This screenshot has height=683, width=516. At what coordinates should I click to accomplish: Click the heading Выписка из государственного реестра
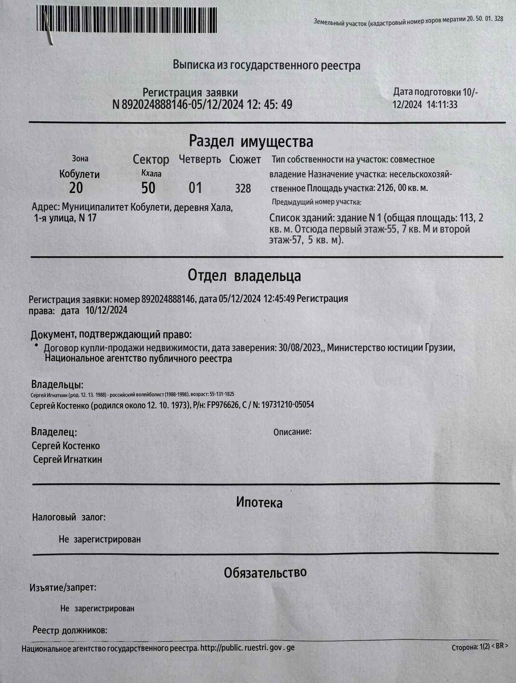(x=266, y=65)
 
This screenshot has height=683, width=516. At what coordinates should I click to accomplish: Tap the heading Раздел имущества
(x=251, y=141)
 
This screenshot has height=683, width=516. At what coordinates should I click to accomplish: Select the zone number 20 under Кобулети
(x=76, y=188)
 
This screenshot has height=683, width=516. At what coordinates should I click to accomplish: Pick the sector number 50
(x=148, y=188)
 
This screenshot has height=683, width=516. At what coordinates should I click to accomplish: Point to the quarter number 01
(x=195, y=188)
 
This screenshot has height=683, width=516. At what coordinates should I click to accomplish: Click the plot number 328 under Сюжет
(x=243, y=188)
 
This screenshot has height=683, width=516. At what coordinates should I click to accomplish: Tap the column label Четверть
(x=200, y=160)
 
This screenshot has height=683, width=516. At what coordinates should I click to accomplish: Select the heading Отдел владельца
(x=244, y=276)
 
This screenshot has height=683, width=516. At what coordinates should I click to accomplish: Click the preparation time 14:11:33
(x=441, y=105)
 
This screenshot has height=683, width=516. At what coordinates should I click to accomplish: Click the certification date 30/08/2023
(x=300, y=347)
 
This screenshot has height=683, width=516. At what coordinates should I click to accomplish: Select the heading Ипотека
(x=259, y=502)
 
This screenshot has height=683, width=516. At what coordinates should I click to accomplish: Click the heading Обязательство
(x=265, y=572)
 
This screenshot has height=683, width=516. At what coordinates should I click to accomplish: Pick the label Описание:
(x=292, y=432)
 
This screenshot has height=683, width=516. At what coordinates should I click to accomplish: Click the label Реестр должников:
(x=70, y=630)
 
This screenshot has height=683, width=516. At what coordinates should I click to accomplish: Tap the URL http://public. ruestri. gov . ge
(x=248, y=648)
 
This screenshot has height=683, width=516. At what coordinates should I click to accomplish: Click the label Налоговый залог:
(x=69, y=517)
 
